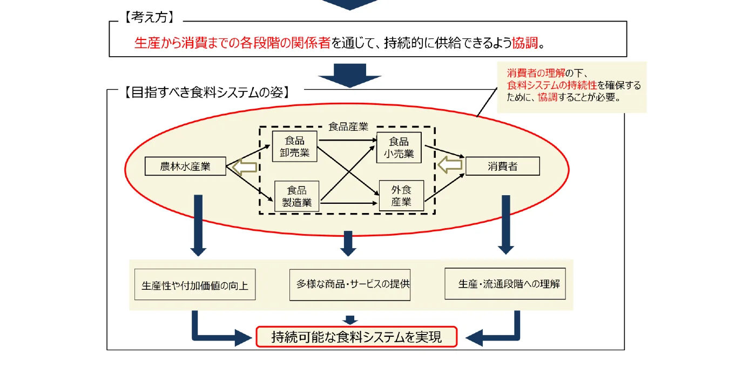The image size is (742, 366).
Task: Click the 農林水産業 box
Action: pos(185,167)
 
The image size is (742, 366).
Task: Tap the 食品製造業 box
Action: pos(296,196)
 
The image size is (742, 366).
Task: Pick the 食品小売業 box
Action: pos(399,147)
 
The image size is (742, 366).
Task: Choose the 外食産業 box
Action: pos(401,196)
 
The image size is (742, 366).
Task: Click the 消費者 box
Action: pos(502,167)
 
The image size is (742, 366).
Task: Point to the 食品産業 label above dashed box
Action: pos(348,127)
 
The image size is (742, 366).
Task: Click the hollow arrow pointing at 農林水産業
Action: pos(244,168)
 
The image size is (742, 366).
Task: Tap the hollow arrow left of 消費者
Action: pos(450,165)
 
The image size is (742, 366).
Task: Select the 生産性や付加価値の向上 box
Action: pos(194,285)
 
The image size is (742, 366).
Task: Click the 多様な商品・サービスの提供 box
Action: pos(350,284)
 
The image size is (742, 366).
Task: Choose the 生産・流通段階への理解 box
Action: pos(505,284)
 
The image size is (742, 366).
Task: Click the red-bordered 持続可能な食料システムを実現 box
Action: pos(356,337)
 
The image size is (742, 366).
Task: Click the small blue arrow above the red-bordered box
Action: pos(349,320)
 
